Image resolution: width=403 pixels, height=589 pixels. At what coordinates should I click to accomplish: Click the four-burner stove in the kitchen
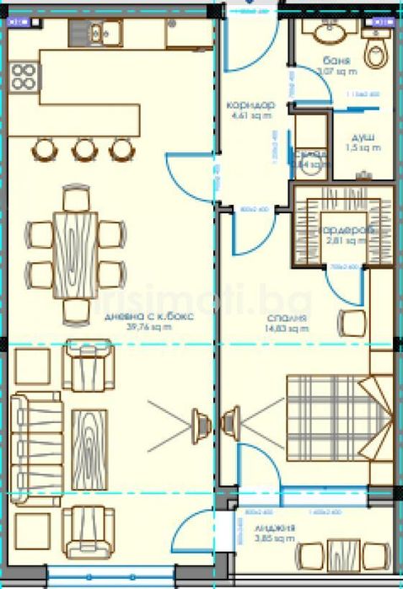coord(24,77)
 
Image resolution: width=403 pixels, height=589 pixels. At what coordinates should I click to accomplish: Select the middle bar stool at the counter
coord(84,149)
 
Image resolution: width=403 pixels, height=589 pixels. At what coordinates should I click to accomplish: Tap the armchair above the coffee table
coord(90,365)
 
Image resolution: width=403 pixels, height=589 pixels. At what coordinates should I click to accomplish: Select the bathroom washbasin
coord(329,31)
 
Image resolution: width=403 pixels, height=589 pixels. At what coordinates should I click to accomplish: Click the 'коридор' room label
coord(250,105)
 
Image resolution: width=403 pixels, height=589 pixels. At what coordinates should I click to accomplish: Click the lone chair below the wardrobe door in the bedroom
coord(350,323)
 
